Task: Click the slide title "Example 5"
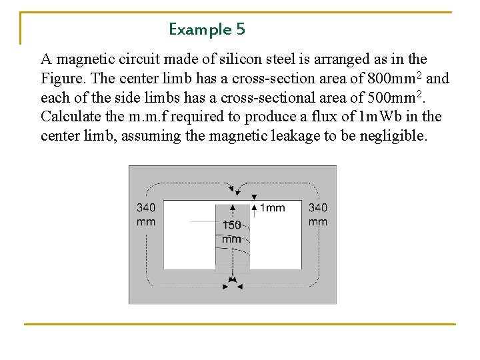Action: coord(207,29)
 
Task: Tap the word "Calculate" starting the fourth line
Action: coord(71,117)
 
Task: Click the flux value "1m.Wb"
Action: coord(377,117)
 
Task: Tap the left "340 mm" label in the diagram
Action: coord(146,215)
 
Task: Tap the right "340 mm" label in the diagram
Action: coord(318,215)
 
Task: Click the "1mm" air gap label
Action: coord(273,208)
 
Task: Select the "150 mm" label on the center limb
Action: coord(231,232)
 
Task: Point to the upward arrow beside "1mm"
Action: coord(254,201)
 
